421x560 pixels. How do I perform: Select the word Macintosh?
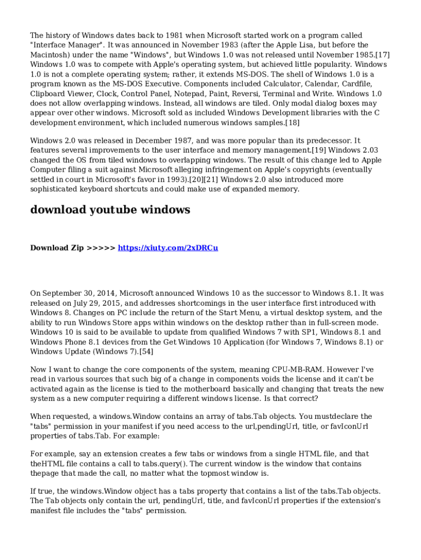click(x=49, y=55)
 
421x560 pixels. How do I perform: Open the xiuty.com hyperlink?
click(x=168, y=248)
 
